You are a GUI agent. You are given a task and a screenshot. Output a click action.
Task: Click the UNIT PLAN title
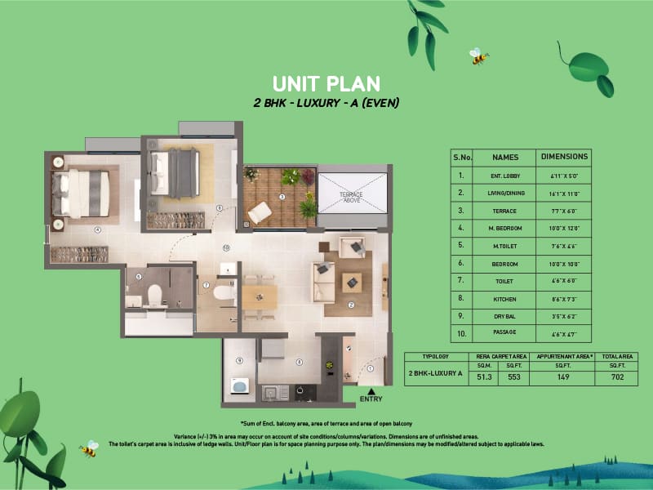coord(326,83)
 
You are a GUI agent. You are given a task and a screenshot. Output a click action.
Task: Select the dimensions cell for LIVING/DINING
coord(564,193)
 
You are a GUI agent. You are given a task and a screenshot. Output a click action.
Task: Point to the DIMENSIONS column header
coord(564,156)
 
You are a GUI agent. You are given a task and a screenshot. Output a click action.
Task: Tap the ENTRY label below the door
coord(370,399)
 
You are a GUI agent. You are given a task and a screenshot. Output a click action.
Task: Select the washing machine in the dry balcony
coord(240,385)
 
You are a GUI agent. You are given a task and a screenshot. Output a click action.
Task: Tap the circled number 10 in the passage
coord(226,247)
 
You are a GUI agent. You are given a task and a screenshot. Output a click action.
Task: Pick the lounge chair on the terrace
coord(260,212)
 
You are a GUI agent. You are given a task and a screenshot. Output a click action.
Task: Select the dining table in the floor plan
coord(259,296)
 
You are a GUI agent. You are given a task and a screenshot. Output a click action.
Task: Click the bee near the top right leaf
coord(478,56)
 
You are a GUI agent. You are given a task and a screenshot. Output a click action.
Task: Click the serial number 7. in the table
coord(461,281)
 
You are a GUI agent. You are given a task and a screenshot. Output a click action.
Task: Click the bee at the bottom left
coord(88,448)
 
